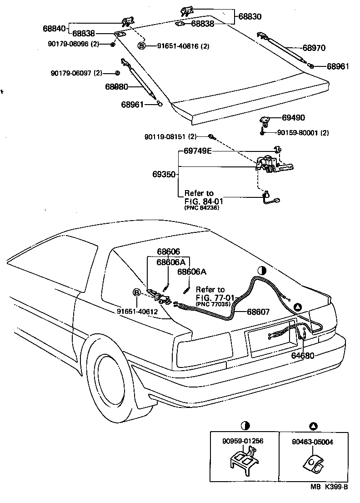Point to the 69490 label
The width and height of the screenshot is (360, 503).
pos(293,118)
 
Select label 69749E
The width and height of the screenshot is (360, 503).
pos(198,151)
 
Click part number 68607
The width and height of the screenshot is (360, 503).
pos(258,312)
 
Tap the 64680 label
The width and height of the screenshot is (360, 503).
pos(302,355)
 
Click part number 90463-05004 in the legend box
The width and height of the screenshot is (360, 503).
pos(313,441)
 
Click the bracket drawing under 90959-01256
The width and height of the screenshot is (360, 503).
pos(242,462)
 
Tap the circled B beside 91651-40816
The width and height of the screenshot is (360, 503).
pos(142,46)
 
